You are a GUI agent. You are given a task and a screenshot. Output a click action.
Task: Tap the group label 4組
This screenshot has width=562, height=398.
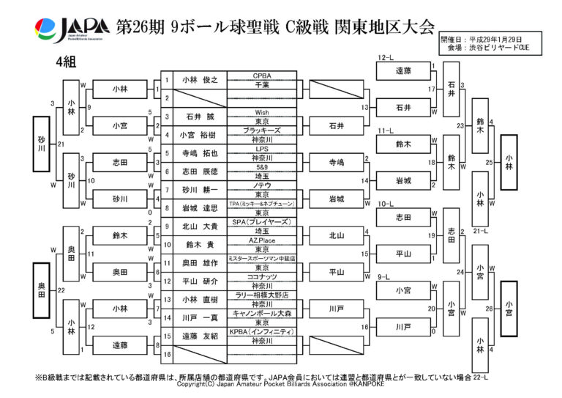click(x=65, y=62)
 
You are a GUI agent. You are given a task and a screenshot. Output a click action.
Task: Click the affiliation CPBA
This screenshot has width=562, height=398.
click(x=262, y=75)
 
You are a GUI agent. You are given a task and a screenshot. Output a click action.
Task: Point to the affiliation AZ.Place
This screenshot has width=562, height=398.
click(x=262, y=240)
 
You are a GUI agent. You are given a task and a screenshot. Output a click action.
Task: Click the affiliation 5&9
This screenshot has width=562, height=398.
click(x=262, y=166)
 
